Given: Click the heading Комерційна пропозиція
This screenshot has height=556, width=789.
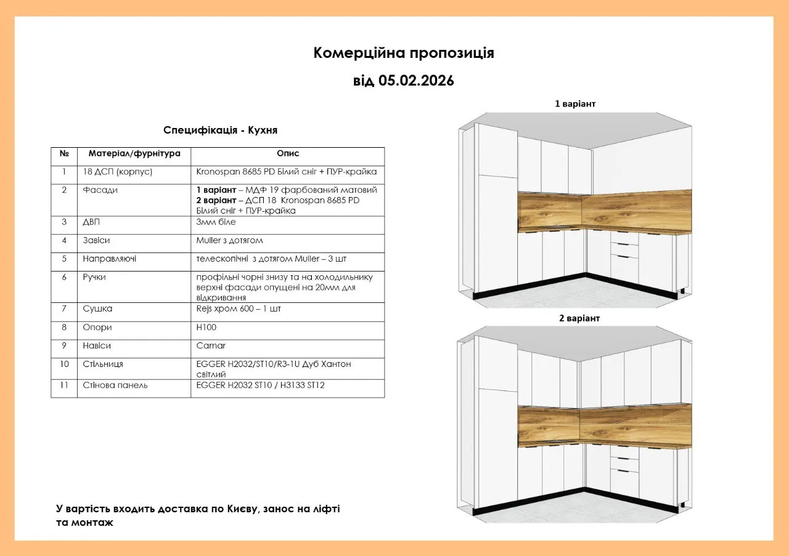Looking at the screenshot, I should [x=403, y=53].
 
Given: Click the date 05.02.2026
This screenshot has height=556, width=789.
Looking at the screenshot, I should [x=416, y=81].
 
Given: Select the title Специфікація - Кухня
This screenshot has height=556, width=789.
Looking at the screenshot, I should [x=220, y=131].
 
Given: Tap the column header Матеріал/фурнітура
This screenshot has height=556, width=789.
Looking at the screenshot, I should [x=134, y=154].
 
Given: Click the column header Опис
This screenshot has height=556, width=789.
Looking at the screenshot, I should [x=287, y=154].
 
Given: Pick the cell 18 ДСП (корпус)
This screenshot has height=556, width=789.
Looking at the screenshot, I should [x=117, y=172].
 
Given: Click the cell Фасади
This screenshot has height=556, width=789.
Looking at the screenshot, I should [x=100, y=190].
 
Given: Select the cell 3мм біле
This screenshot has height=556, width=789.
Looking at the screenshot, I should [x=216, y=222].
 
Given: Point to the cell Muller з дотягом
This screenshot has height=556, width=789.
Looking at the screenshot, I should [x=229, y=240].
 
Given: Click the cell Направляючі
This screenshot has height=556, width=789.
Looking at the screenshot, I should [x=110, y=259].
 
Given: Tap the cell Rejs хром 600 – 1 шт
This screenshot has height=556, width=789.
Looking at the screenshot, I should [x=239, y=308].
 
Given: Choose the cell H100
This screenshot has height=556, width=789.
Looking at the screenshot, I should [x=206, y=328].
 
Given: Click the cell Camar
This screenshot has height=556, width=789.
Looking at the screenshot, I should [x=211, y=346].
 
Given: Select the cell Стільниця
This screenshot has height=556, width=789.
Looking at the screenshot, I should [x=103, y=365].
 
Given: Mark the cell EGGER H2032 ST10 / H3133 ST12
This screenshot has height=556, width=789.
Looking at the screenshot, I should [x=260, y=385].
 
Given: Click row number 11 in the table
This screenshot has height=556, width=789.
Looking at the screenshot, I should [x=64, y=385].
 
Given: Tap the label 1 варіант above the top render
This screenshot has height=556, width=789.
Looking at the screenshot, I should [x=575, y=103].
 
